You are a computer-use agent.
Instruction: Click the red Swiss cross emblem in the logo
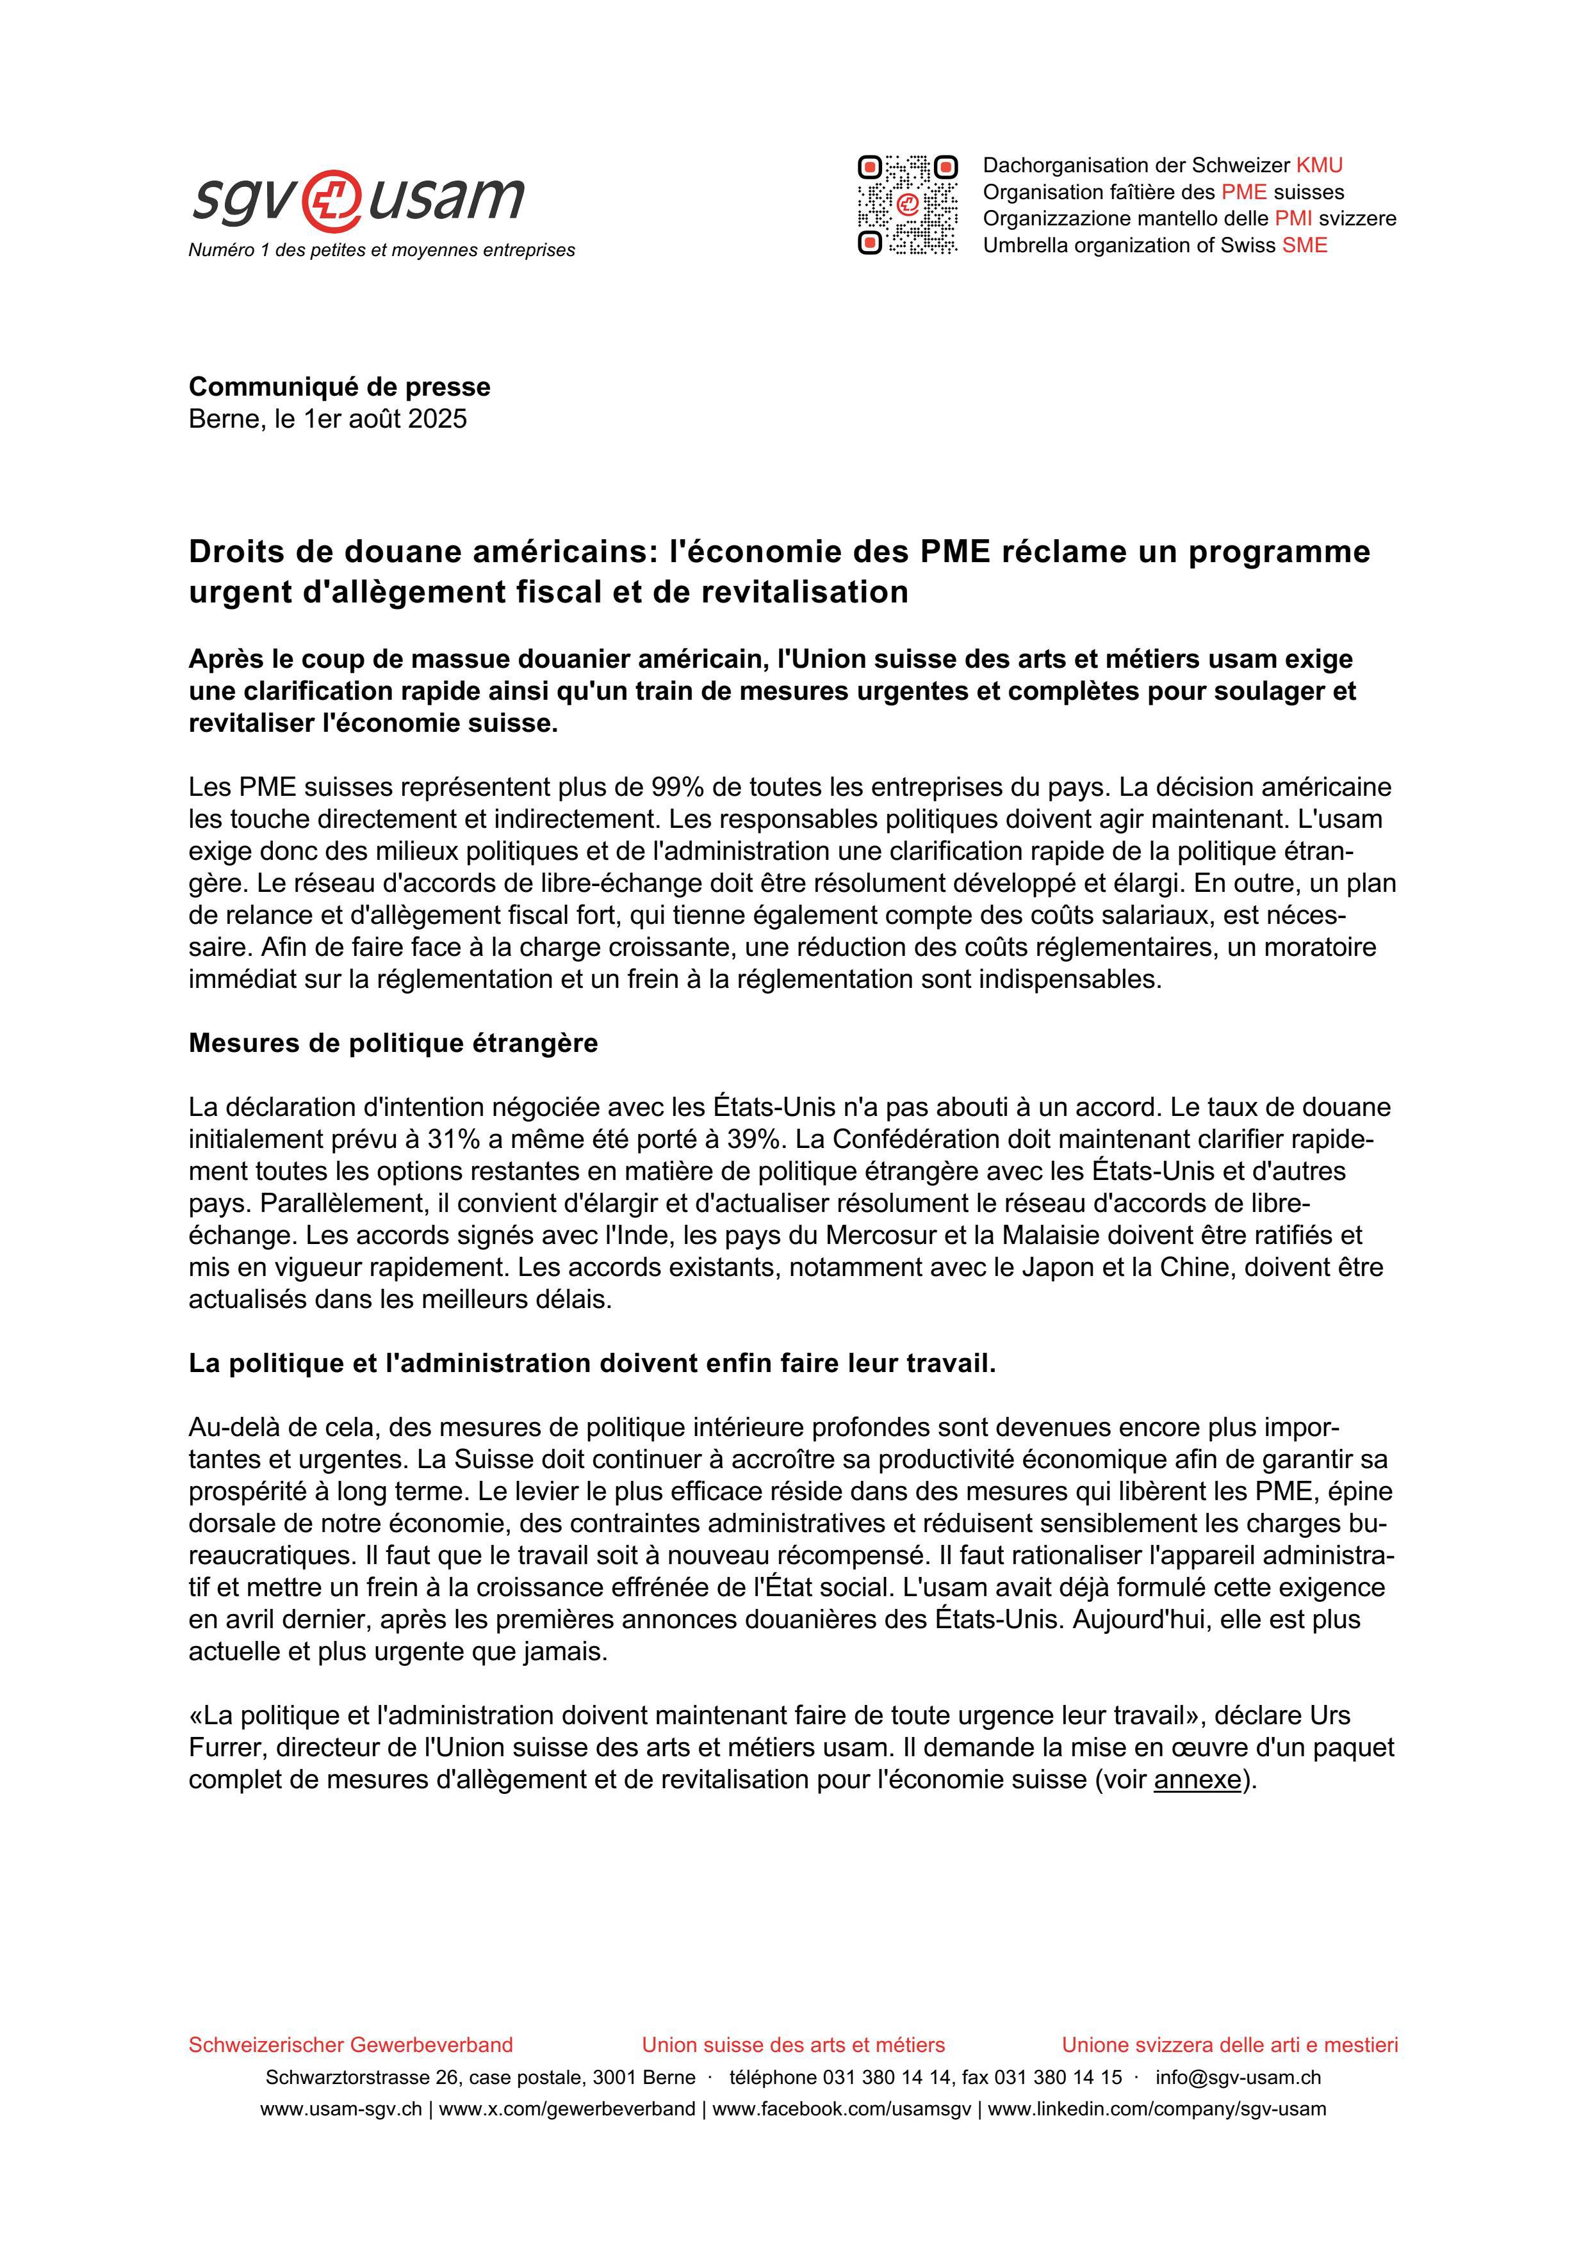coord(332,200)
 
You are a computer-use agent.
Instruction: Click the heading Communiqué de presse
coord(340,387)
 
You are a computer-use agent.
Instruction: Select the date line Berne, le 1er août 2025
coord(328,419)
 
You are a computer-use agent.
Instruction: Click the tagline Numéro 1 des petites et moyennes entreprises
coord(382,250)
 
